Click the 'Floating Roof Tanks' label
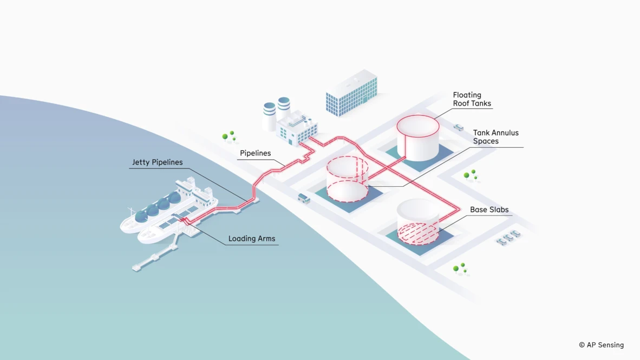pyautogui.click(x=472, y=99)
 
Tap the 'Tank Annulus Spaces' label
pyautogui.click(x=495, y=136)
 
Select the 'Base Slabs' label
pyautogui.click(x=489, y=210)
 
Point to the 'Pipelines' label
pyautogui.click(x=255, y=153)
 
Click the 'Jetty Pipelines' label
pyautogui.click(x=157, y=162)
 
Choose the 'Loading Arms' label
pyautogui.click(x=251, y=238)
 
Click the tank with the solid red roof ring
pyautogui.click(x=417, y=138)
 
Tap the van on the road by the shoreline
pyautogui.click(x=304, y=198)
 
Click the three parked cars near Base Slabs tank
pyautogui.click(x=508, y=238)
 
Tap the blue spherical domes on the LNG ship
pyautogui.click(x=158, y=207)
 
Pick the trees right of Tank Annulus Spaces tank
pyautogui.click(x=470, y=175)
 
